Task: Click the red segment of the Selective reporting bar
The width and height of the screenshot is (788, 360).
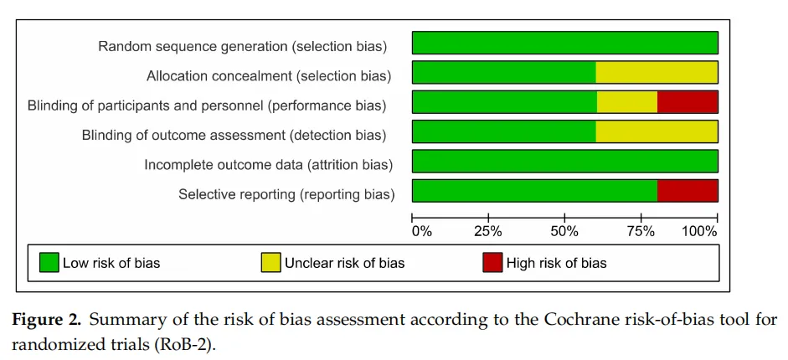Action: [688, 191]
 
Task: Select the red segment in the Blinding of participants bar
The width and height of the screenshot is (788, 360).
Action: [688, 102]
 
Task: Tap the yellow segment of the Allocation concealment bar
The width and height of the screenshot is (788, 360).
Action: [657, 72]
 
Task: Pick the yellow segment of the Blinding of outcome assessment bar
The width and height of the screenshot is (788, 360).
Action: [657, 131]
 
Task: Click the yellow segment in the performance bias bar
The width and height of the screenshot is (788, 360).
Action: [627, 102]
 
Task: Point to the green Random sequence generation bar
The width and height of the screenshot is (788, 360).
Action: [565, 43]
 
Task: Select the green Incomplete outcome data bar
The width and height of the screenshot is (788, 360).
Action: [565, 162]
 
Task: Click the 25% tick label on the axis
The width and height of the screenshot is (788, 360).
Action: [488, 232]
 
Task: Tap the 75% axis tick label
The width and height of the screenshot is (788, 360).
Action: [641, 232]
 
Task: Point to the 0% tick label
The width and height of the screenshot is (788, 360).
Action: [422, 232]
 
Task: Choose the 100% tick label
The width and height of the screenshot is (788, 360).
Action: [699, 232]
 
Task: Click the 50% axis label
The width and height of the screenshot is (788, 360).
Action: [565, 232]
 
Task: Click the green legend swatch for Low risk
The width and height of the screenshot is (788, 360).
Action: [49, 263]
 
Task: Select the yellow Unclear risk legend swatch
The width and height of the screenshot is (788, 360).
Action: [270, 263]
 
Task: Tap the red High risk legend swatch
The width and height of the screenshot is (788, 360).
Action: [492, 263]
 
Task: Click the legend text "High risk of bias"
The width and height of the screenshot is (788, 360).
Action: [556, 263]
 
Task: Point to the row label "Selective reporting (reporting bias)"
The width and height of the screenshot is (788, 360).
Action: [286, 194]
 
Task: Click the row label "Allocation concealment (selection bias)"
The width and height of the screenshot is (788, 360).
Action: [269, 76]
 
